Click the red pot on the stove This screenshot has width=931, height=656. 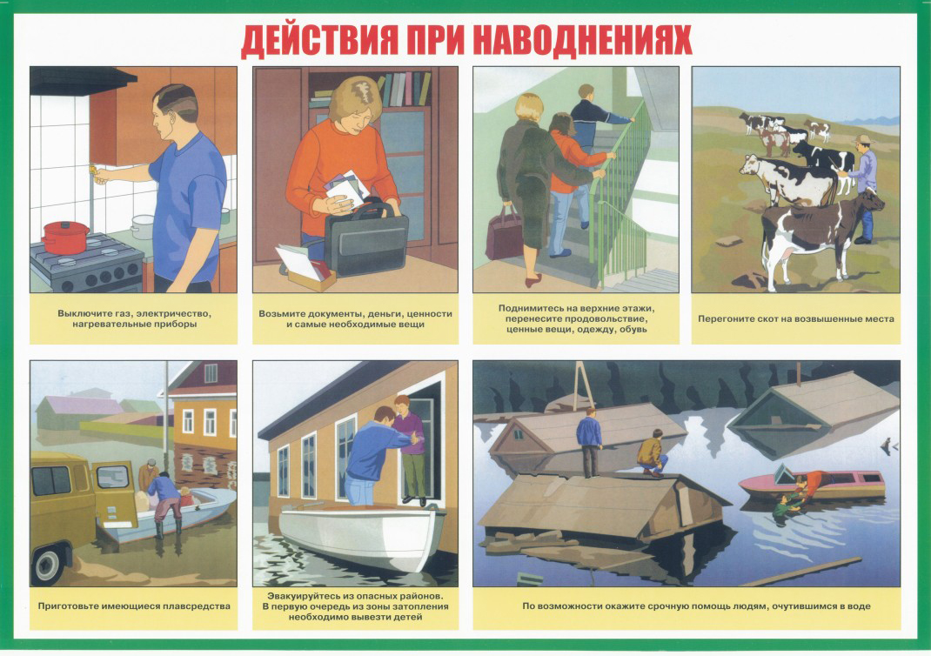[65, 237]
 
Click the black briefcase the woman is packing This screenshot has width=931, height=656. [366, 238]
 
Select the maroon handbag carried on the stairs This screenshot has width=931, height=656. [504, 233]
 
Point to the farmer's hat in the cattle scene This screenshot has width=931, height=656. [862, 140]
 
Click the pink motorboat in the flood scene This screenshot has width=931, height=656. [813, 484]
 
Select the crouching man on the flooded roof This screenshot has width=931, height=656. [652, 453]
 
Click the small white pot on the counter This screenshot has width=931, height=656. [143, 226]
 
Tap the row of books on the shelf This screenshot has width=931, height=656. [405, 89]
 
